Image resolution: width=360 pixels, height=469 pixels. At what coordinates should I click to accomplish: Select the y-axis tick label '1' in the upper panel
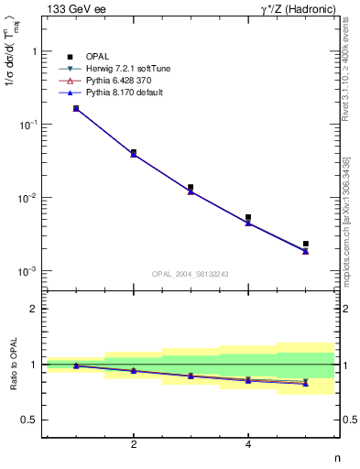(x=34, y=51)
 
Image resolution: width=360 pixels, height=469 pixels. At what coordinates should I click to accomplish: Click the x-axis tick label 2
(x=134, y=445)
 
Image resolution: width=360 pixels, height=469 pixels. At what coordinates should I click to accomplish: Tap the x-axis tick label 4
(x=248, y=445)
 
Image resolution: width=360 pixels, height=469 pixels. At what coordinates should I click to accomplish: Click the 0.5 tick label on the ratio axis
(x=30, y=420)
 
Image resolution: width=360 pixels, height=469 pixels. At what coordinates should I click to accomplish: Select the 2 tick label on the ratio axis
(x=34, y=309)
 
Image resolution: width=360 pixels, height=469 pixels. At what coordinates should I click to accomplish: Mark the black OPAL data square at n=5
(x=306, y=244)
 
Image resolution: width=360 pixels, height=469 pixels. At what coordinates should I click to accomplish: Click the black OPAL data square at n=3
(x=191, y=187)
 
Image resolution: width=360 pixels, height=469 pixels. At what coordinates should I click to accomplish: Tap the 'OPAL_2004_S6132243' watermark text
(x=190, y=273)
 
